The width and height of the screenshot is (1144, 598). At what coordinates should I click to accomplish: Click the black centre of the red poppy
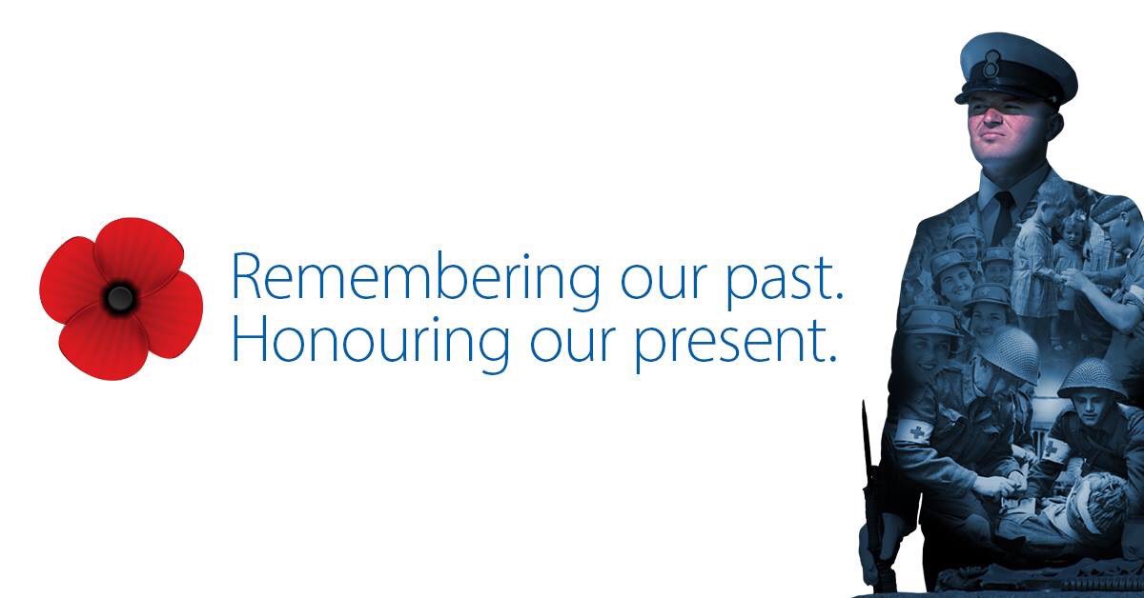pyautogui.click(x=119, y=298)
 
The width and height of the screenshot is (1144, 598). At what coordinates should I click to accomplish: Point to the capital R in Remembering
pyautogui.click(x=247, y=278)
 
